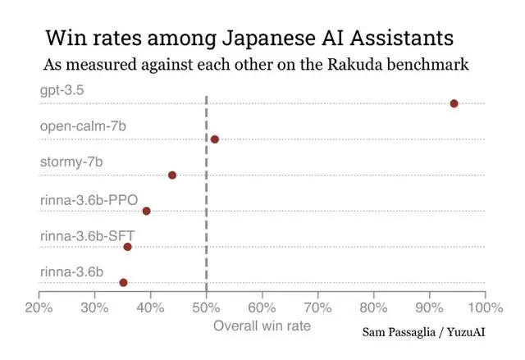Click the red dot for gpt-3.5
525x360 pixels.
(x=454, y=103)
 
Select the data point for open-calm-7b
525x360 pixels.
(x=215, y=139)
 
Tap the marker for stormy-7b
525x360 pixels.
(x=172, y=175)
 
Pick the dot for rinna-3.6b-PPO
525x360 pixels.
(x=147, y=211)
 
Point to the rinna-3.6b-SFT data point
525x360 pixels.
(x=127, y=247)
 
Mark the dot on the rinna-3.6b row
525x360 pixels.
(x=124, y=282)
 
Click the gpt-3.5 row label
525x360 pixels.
(x=62, y=89)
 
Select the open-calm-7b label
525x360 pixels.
(x=82, y=125)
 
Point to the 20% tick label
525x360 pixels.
(x=39, y=308)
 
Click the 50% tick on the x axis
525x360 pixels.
(x=206, y=308)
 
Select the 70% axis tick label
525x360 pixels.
(x=317, y=308)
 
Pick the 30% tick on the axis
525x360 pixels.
(x=95, y=308)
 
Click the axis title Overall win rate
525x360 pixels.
(x=262, y=326)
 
